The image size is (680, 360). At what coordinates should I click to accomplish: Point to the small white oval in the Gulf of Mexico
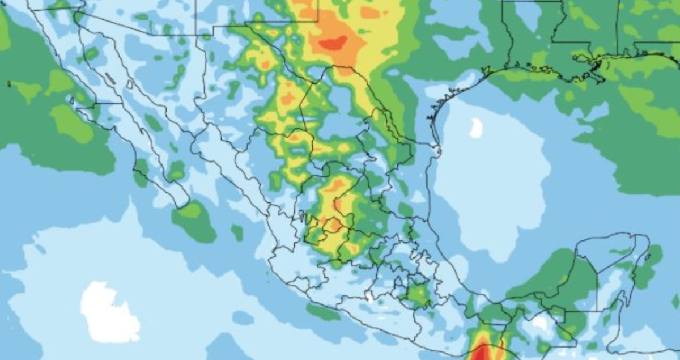click(x=476, y=128)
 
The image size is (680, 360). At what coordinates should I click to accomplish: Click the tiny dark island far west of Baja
click(x=8, y=84)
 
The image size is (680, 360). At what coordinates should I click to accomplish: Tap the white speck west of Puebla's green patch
click(x=369, y=296)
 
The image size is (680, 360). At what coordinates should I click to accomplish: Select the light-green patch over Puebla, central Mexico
click(x=419, y=294)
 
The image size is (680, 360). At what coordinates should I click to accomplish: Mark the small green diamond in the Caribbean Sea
click(x=675, y=300)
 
